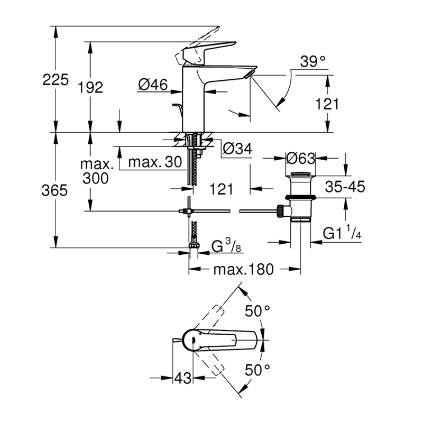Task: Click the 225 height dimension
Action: [56, 80]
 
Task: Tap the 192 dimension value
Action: [90, 87]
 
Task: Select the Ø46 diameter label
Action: [153, 85]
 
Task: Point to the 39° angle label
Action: [313, 61]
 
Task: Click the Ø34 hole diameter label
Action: [237, 148]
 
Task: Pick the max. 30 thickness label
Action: [155, 162]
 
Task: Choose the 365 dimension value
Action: [54, 190]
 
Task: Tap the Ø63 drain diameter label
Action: [300, 158]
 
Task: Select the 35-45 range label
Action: [345, 187]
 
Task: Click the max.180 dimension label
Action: [243, 269]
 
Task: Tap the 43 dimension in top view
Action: [182, 378]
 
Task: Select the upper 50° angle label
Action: [258, 311]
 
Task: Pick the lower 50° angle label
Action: [258, 370]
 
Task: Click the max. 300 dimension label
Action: [97, 171]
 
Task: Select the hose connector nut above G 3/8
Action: [194, 245]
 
